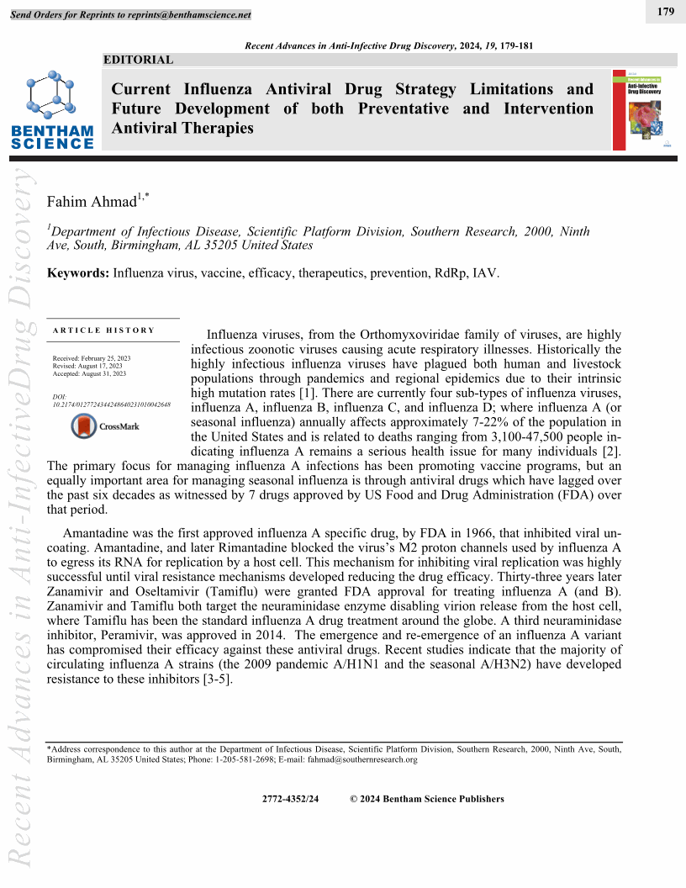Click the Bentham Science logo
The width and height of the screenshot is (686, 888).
click(53, 109)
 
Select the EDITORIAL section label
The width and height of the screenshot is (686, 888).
click(138, 60)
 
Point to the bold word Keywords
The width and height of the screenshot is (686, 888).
click(78, 273)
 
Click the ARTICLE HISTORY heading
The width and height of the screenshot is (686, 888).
click(104, 330)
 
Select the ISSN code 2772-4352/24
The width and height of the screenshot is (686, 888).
click(291, 799)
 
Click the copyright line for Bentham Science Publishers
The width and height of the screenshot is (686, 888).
click(427, 799)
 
